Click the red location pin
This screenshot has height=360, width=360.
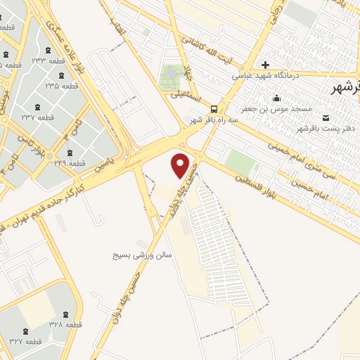click(x=181, y=165)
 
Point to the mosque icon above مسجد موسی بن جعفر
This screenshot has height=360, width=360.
click(x=276, y=98)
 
